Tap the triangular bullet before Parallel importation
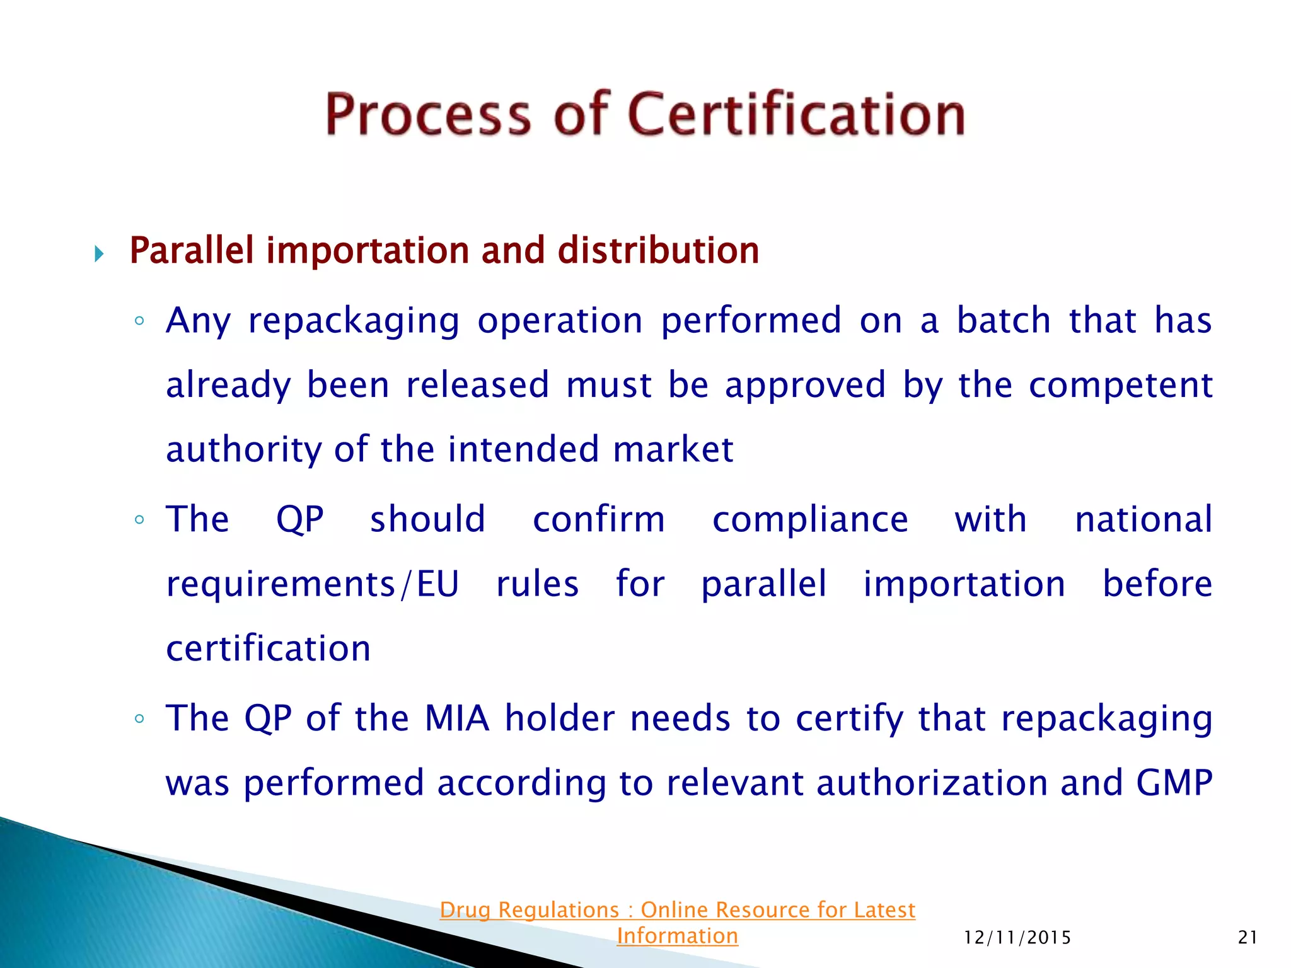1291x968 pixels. (99, 254)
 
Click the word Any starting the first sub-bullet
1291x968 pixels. (199, 321)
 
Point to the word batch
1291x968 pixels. (1004, 320)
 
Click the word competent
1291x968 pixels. (1120, 384)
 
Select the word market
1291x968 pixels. (673, 449)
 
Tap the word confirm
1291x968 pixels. (599, 519)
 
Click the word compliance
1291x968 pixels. (810, 521)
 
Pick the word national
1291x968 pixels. (1143, 519)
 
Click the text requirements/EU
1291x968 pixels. (312, 584)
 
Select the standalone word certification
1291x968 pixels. (269, 648)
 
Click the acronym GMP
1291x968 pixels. (1174, 783)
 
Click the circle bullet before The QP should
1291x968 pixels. (139, 520)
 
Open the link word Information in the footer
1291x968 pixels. (677, 936)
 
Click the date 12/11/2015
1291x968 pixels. (1017, 938)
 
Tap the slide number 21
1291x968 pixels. (1248, 938)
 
